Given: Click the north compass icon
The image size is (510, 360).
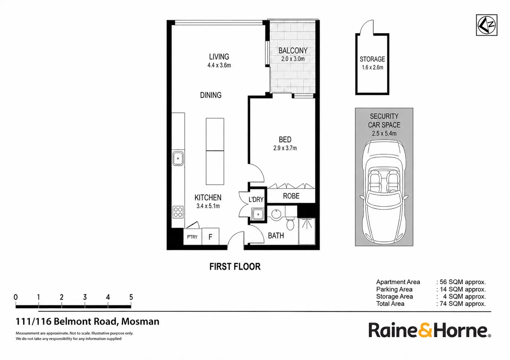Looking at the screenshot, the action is click(x=486, y=25).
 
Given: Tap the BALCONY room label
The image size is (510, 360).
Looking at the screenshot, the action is click(x=293, y=51).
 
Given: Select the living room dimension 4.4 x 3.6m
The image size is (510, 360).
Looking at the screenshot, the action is click(x=219, y=65).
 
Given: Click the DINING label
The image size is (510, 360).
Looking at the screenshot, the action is click(x=211, y=95).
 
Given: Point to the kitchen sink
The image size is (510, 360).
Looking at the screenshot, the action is click(x=178, y=158).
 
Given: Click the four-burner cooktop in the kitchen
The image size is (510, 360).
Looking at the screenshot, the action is click(x=178, y=212).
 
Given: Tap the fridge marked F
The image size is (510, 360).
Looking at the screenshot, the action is click(x=210, y=237).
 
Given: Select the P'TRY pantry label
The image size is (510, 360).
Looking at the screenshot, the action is click(x=192, y=237).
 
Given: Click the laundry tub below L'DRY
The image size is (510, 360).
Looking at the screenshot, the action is click(x=258, y=214).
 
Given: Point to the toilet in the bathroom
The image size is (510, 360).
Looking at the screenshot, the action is click(x=290, y=223).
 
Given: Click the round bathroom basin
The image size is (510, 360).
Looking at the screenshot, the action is click(x=277, y=214).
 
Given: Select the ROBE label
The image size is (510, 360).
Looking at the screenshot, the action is click(x=291, y=196).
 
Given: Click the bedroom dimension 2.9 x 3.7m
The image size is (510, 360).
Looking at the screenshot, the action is click(x=285, y=148).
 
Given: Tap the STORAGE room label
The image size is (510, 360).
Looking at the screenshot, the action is click(x=372, y=59).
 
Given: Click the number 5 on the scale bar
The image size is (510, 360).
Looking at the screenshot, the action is click(x=131, y=297).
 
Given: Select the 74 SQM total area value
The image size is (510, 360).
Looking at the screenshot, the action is click(x=462, y=304).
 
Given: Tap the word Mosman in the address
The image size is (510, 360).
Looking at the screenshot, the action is click(x=140, y=321).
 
